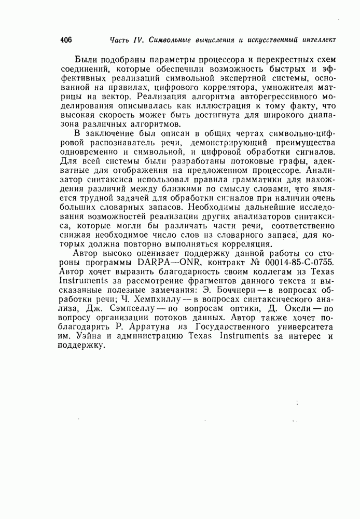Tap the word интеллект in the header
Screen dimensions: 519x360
coord(316,40)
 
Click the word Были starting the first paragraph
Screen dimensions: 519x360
coord(85,58)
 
